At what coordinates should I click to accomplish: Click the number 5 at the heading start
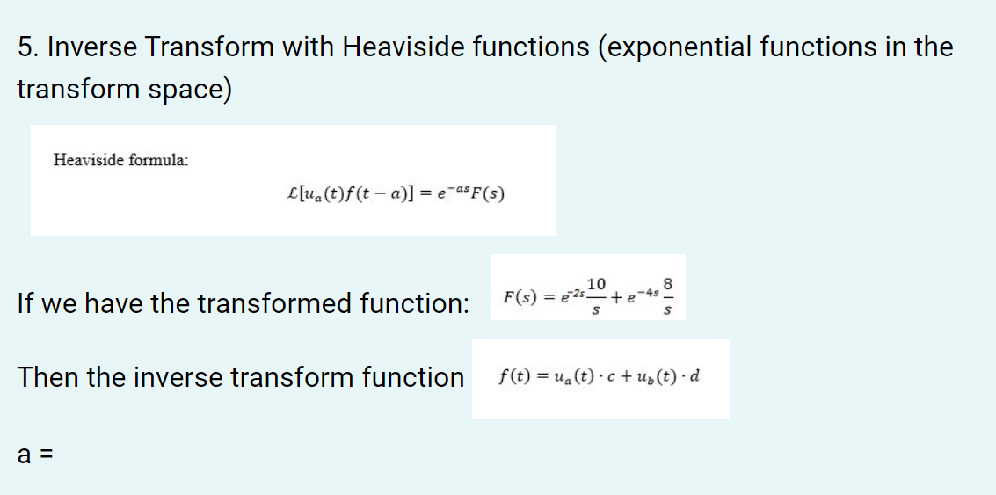coord(24,47)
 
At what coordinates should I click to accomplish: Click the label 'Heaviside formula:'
coord(120,160)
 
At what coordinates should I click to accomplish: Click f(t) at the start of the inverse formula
coord(513,378)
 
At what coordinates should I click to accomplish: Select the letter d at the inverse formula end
coord(695,378)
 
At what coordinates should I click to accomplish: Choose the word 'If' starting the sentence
coord(25,304)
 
